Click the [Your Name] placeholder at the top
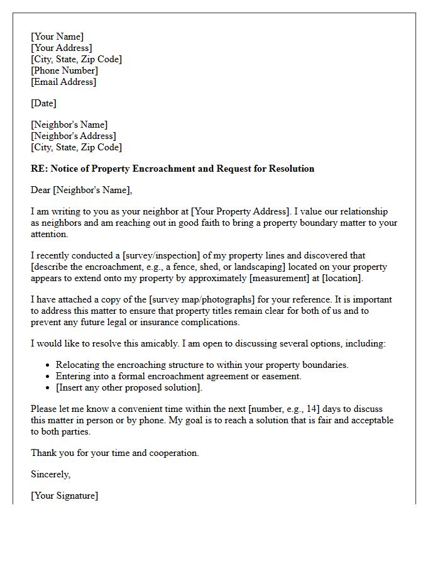click(57, 36)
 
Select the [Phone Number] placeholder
click(64, 70)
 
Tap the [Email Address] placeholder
click(63, 82)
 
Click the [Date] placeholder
click(43, 103)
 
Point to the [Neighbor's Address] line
click(74, 136)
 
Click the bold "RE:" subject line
click(172, 169)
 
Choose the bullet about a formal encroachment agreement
click(179, 376)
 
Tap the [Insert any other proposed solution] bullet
click(129, 387)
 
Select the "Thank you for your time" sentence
click(114, 453)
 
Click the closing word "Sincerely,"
click(51, 474)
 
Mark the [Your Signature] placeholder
click(64, 496)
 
